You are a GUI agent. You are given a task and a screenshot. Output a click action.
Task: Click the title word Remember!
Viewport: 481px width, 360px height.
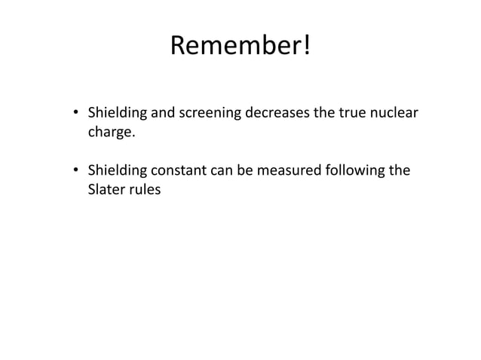pos(240,47)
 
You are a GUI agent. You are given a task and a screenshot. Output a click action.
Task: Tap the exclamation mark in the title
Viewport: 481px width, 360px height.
pos(305,47)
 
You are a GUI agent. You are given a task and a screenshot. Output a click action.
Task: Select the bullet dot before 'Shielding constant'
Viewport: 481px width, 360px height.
pos(76,171)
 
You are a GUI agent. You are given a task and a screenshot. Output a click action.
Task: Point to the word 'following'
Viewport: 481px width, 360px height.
pos(355,170)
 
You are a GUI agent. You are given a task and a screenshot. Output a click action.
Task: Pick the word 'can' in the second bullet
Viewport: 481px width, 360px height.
pos(225,170)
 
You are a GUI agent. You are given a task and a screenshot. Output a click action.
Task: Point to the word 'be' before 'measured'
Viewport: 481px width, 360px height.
pos(247,170)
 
